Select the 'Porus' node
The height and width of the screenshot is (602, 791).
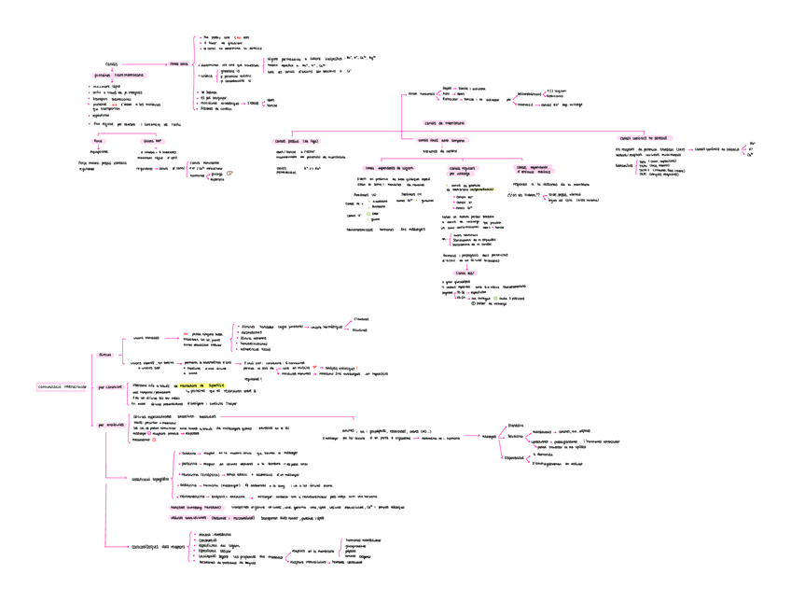[x=98, y=141]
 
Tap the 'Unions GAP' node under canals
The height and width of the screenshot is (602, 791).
[x=152, y=141]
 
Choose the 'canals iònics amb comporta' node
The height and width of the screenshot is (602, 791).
[x=440, y=140]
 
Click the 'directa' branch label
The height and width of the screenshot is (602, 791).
[x=104, y=355]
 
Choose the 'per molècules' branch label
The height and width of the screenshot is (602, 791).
[x=110, y=425]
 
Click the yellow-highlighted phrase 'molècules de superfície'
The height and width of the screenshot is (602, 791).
[x=203, y=384]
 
